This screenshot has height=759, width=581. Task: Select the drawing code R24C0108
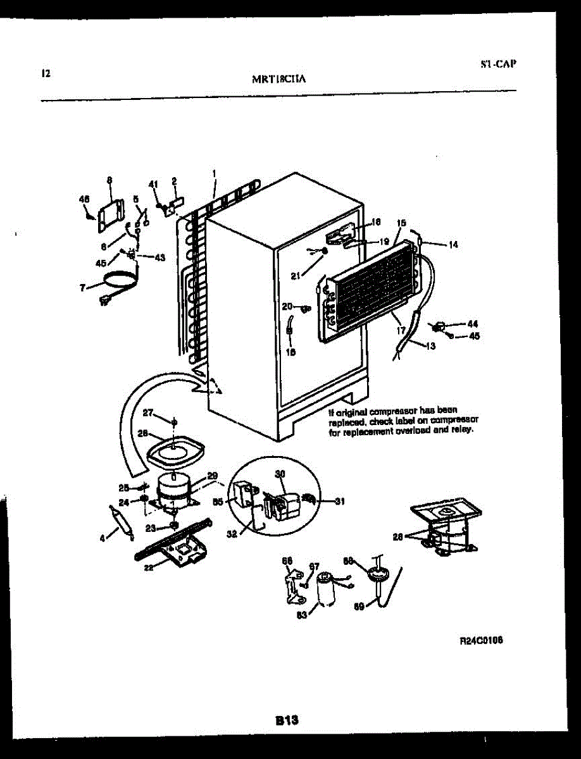coord(482,640)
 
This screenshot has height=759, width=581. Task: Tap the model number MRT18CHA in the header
coord(279,79)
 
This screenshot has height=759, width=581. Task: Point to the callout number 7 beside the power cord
coord(82,288)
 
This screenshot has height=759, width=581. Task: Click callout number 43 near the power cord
coord(159,257)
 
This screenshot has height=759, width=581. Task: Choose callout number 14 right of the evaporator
coord(453,244)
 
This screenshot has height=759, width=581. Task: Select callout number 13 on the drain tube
coord(430,346)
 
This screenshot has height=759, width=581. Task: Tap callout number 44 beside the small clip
coord(472,324)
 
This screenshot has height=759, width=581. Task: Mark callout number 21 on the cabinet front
coord(296,275)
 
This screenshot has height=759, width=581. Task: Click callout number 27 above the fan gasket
coord(147,413)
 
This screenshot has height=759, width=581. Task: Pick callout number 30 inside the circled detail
coord(280,474)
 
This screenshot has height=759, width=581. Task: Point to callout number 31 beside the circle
coord(340,502)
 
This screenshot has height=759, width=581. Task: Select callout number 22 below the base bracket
coord(148,567)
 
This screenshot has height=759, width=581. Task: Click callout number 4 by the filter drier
coord(102,539)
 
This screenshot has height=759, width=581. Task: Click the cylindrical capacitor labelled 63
coord(325,589)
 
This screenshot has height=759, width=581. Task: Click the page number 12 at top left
coord(46,73)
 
